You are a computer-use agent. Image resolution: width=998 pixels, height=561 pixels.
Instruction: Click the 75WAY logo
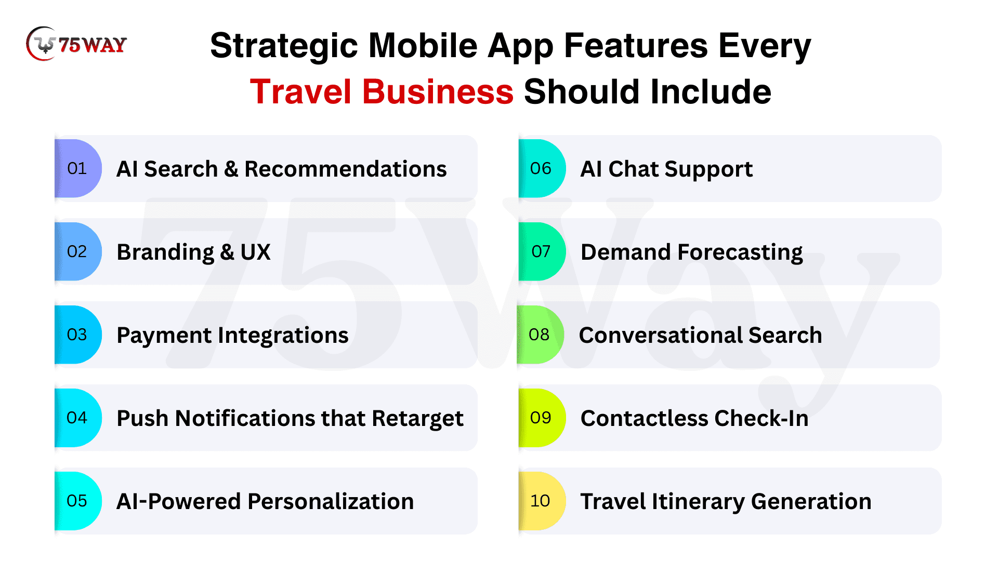[x=76, y=44]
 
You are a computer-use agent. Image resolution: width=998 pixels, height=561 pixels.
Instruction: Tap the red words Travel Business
[x=382, y=92]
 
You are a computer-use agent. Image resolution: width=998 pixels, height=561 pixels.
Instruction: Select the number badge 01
[x=78, y=168]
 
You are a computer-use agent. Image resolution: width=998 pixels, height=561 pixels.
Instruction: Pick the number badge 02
[x=78, y=251]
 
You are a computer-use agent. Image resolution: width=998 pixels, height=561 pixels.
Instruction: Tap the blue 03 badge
[x=78, y=335]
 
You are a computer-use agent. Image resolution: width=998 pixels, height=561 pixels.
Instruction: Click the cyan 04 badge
[x=78, y=418]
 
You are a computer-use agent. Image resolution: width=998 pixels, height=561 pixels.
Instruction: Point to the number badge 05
[x=78, y=501]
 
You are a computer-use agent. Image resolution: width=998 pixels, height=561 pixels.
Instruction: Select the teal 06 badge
[x=542, y=168]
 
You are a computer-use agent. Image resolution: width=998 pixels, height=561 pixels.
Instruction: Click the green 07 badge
[x=542, y=251]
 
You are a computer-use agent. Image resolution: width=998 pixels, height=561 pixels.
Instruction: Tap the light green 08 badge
[x=540, y=335]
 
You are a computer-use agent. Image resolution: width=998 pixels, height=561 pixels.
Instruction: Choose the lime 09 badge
[x=542, y=418]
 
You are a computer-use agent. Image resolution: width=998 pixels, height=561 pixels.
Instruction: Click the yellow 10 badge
[x=542, y=501]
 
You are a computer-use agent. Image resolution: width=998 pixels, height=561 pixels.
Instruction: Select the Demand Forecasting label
[x=692, y=253]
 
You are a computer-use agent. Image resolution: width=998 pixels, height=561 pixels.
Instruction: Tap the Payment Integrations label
[x=232, y=336]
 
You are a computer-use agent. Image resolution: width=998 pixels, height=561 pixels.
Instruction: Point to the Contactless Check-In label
[x=694, y=418]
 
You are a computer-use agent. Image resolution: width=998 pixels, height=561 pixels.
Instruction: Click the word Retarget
[x=417, y=419]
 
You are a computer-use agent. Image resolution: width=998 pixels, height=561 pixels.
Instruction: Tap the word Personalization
[x=331, y=501]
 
